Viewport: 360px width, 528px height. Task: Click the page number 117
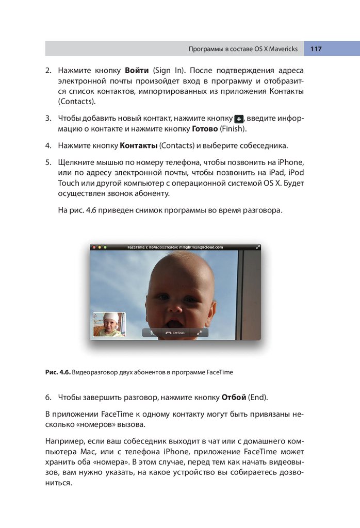point(316,49)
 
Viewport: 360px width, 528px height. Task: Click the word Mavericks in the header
point(283,49)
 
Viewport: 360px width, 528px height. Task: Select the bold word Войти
point(137,70)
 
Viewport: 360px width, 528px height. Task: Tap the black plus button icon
point(238,119)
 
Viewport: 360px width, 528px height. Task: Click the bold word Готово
point(204,128)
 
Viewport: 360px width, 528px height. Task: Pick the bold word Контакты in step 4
point(138,145)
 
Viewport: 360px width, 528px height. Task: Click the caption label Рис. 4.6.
point(58,372)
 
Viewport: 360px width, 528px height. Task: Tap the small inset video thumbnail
point(109,324)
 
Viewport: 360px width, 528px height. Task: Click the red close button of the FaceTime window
point(94,247)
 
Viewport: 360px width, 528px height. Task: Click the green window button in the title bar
point(105,247)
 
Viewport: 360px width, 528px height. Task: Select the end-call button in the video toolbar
point(173,333)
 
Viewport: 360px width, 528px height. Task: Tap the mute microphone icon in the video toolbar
point(152,333)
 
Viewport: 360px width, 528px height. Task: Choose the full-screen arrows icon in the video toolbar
point(199,333)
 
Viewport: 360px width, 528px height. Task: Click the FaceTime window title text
point(175,247)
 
